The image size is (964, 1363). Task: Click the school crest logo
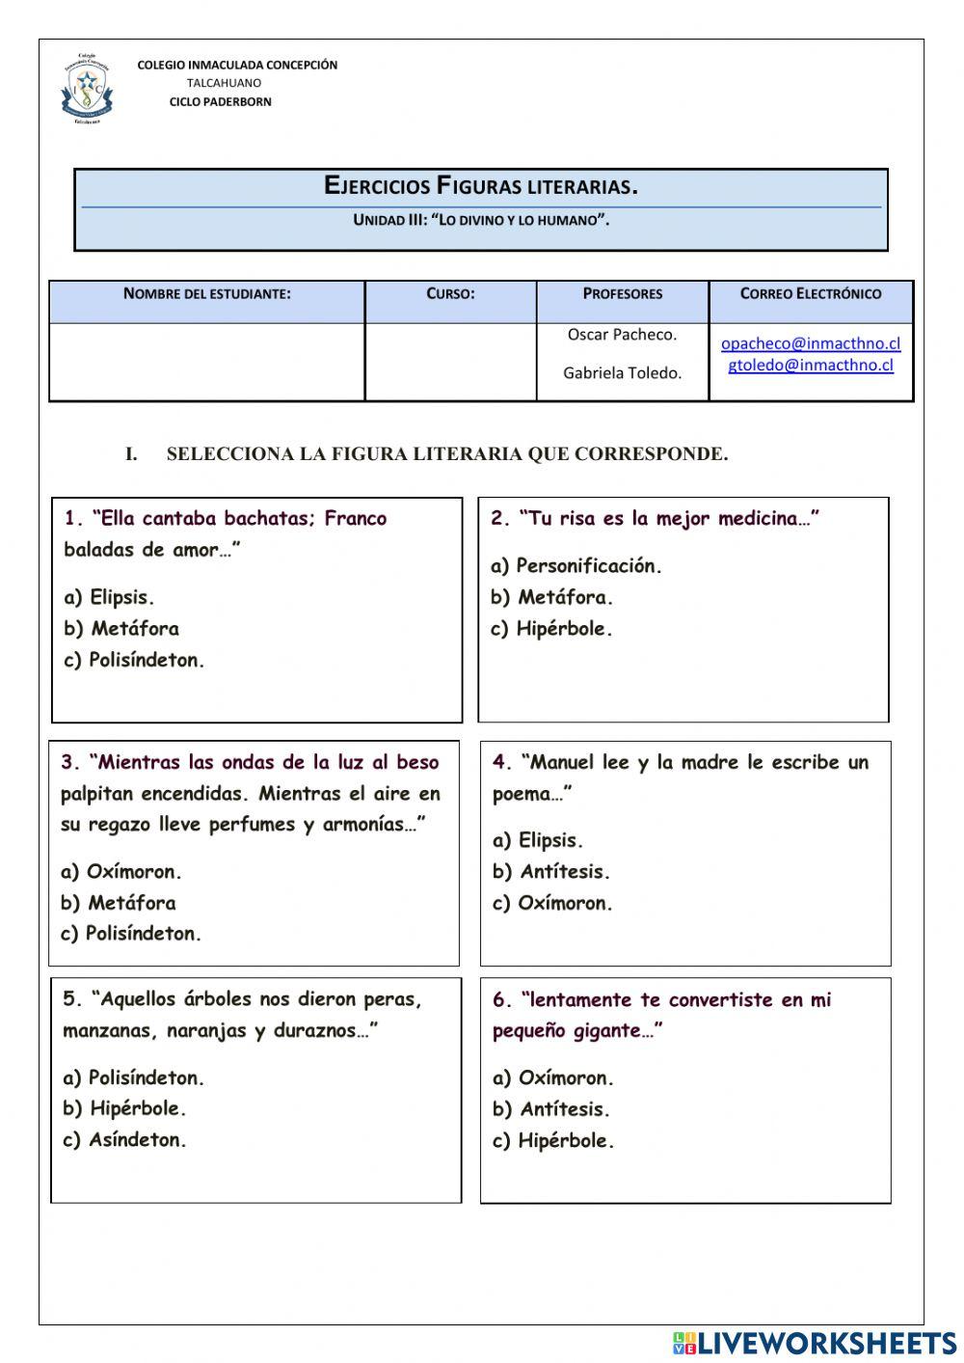coord(87,89)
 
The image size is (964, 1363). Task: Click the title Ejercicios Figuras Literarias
coord(480,186)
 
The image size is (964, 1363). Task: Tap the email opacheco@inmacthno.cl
coord(810,343)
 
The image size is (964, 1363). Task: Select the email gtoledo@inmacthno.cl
coord(810,365)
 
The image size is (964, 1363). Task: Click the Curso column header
coord(450,294)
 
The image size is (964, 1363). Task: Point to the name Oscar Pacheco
coord(622,335)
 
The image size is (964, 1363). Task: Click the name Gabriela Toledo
coord(622,372)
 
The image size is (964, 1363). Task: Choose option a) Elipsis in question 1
coord(109,597)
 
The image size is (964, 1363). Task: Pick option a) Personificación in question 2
coord(576,566)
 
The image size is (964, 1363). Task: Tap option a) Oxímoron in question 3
coord(120,872)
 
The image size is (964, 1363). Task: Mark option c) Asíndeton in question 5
coord(124,1140)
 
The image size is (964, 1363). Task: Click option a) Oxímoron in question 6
coord(552,1078)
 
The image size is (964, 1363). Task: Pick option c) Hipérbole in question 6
coord(552,1141)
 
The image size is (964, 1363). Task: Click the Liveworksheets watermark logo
coord(814,1343)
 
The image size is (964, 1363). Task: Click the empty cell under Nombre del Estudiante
coord(206,362)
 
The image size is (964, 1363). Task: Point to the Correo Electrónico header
coord(810,294)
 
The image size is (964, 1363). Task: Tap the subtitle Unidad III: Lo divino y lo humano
coord(480,220)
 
